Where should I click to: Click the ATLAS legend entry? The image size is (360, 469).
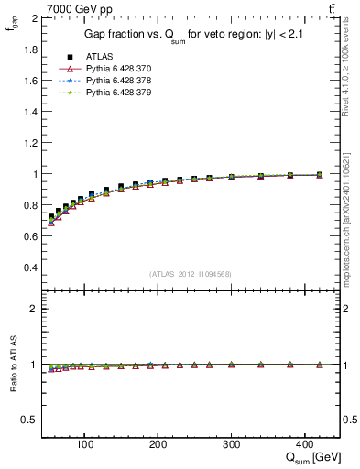tap(99, 57)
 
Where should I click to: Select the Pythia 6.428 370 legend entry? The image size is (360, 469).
tap(116, 69)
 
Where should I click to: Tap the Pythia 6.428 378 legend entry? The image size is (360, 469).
tap(116, 81)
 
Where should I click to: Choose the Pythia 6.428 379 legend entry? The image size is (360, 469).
tap(116, 93)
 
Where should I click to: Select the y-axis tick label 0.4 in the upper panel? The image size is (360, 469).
tap(29, 267)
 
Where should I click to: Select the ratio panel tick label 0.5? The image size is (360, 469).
tap(29, 420)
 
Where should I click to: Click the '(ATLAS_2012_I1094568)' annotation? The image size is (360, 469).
tap(191, 274)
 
